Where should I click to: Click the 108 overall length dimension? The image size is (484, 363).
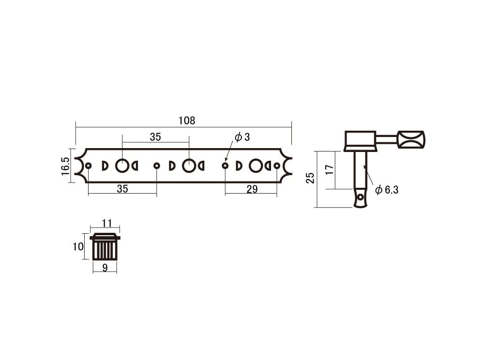point(187,121)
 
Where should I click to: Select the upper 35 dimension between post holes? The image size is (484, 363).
point(155,137)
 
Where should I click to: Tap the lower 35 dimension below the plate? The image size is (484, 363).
point(122,189)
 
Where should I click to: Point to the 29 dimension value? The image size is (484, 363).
point(252,189)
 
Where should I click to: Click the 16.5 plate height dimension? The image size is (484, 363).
point(65,166)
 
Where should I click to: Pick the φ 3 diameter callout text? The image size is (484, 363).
point(242,137)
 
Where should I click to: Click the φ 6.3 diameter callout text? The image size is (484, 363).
point(387,190)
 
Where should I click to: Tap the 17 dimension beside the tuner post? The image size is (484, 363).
point(330,169)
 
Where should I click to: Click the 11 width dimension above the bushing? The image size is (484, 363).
point(106,223)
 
